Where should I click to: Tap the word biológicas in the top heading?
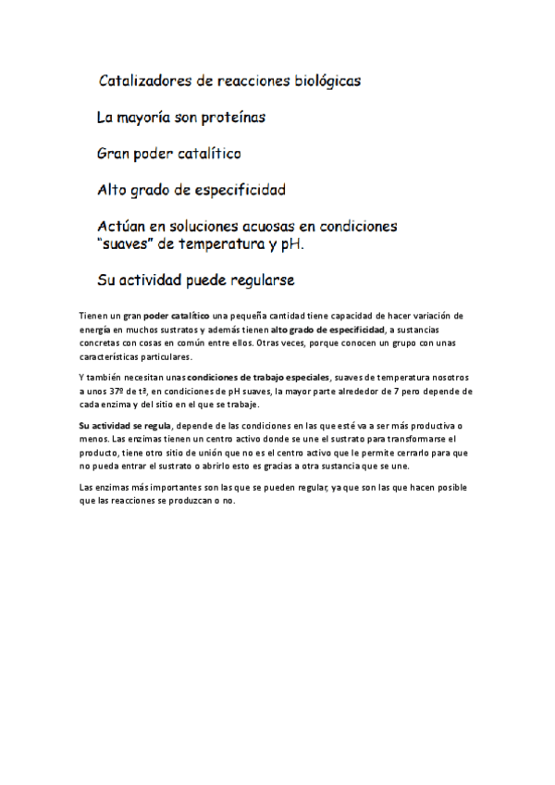322,81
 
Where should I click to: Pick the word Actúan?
124,227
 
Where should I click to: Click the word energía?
93,330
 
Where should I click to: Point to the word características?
111,355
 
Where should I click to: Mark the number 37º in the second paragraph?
119,392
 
